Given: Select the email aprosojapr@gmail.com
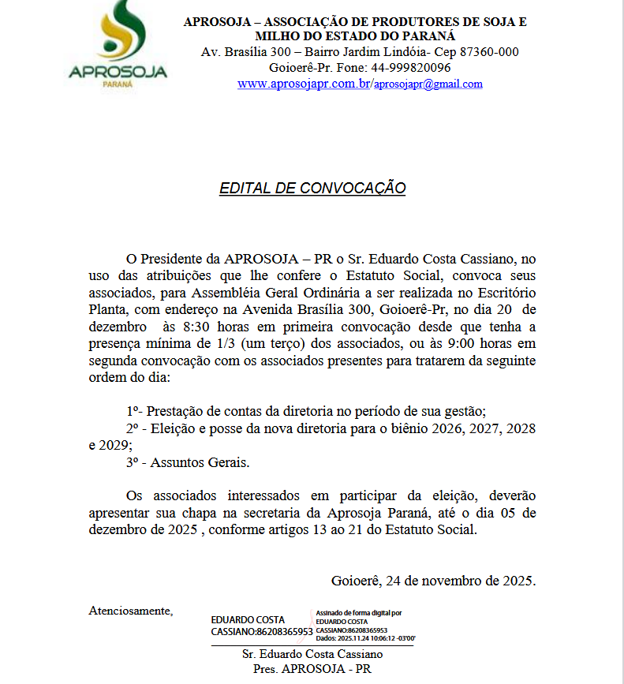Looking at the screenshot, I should [428, 84].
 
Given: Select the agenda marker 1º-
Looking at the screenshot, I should [134, 411].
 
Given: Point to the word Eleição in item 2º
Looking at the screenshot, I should [172, 428].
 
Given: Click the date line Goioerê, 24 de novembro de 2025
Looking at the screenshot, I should [433, 581].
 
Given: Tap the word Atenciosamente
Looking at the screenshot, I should [130, 610].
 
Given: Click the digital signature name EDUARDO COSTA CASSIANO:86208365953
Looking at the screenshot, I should [261, 626].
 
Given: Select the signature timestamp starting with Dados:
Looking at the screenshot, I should [365, 637].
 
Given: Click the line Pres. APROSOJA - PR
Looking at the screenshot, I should [312, 668].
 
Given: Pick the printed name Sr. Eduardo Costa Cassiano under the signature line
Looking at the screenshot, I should [312, 654].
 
